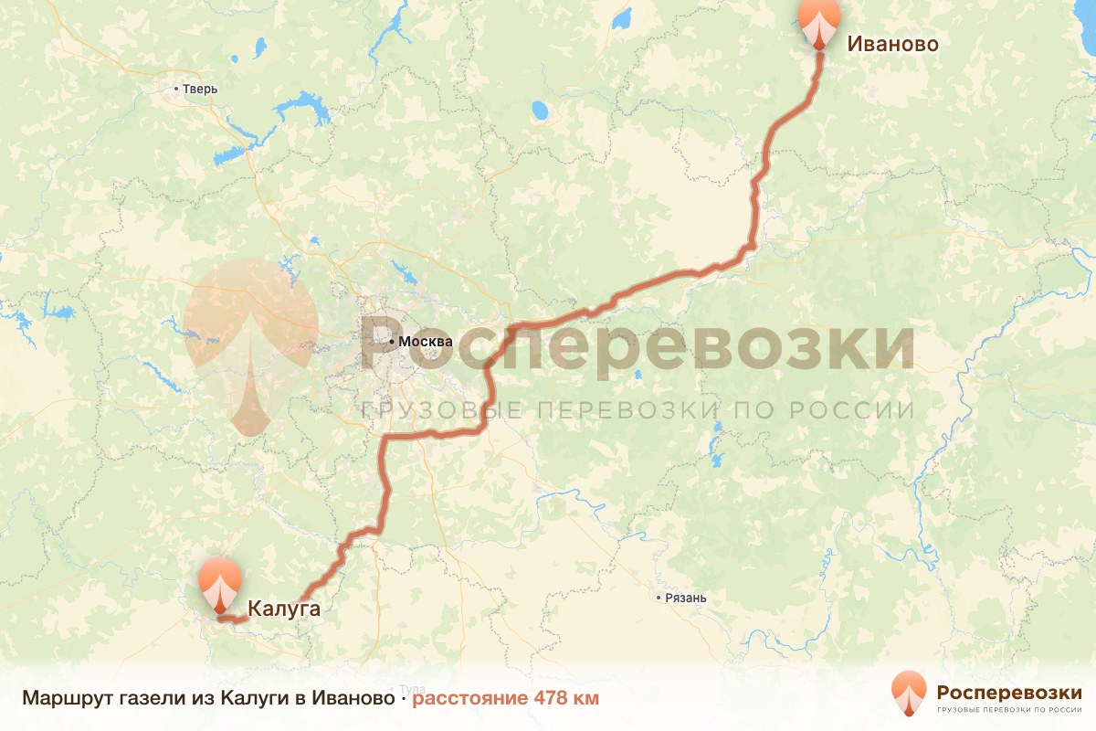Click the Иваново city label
tap(892, 44)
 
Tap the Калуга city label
tap(283, 609)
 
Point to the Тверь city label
tap(200, 90)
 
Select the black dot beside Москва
tap(393, 342)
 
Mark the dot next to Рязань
tap(659, 599)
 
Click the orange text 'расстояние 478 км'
tap(505, 699)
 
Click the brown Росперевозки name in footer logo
tap(1009, 690)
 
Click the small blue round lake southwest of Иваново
tap(540, 111)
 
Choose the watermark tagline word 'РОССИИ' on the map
tap(866, 411)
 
